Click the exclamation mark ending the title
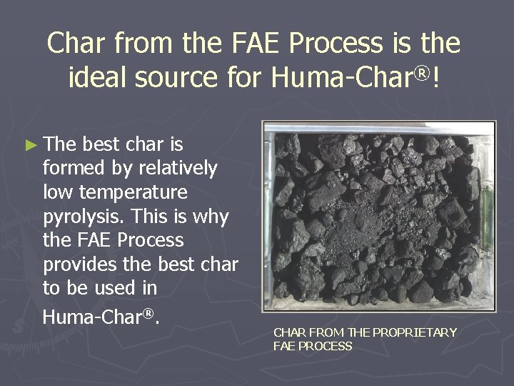(x=435, y=79)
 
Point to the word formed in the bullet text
(x=75, y=168)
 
